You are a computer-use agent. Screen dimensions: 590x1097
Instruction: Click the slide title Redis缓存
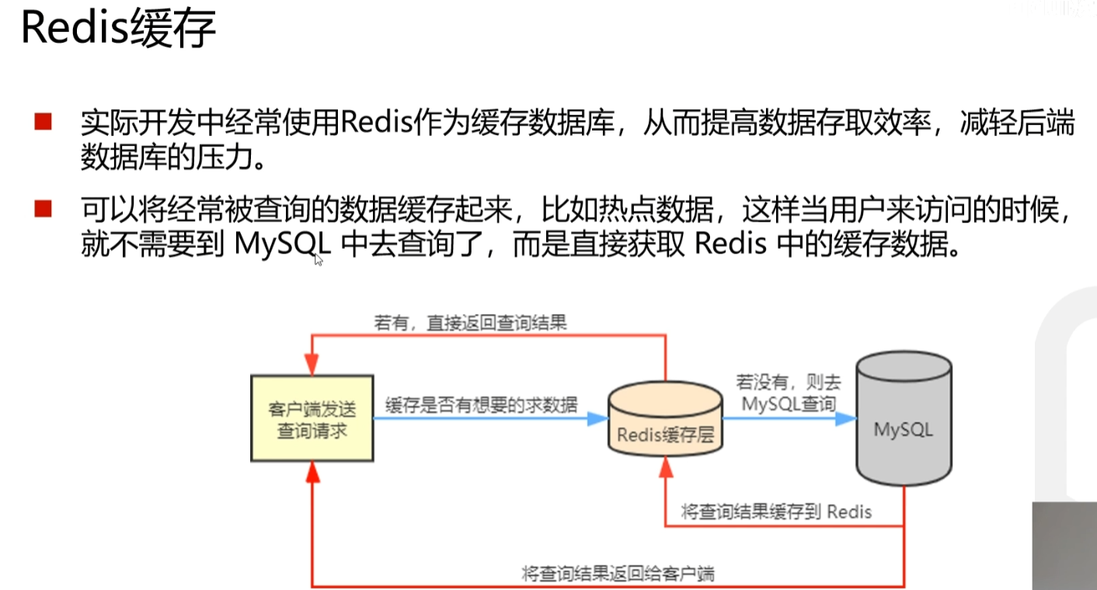[117, 30]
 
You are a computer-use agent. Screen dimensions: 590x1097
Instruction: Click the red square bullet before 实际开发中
[43, 122]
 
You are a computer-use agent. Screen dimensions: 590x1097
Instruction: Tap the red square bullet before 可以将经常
[43, 208]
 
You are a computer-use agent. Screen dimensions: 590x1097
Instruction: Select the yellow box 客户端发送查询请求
[312, 418]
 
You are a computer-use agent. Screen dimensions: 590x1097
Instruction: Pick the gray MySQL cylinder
[903, 420]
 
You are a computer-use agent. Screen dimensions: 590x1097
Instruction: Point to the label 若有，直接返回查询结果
[470, 322]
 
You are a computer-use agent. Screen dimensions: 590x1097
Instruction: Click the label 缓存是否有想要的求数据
[481, 404]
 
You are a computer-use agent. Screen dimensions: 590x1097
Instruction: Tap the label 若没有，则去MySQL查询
[789, 393]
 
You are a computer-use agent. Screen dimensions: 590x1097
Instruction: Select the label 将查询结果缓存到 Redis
[776, 511]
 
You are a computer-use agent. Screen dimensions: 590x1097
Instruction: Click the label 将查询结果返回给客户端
[618, 574]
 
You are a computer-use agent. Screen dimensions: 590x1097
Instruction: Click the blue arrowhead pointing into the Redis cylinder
[597, 418]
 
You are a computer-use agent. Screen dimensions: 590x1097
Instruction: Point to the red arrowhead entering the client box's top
[312, 364]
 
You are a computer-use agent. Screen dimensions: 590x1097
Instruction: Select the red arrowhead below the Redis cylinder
[665, 466]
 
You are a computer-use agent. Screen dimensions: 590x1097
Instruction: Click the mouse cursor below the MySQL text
[319, 260]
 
